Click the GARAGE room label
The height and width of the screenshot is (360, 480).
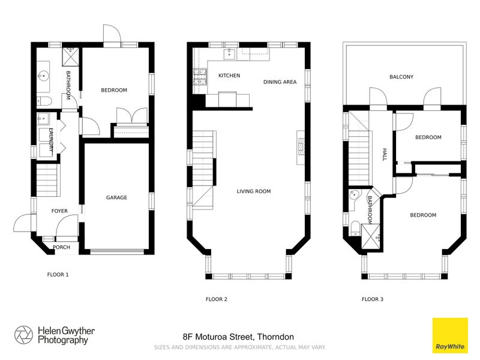(x=116, y=197)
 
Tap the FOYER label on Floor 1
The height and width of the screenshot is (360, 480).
(x=59, y=211)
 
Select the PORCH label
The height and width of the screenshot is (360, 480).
(x=62, y=247)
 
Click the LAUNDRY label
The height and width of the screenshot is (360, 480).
(x=51, y=140)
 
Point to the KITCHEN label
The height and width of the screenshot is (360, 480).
(x=229, y=76)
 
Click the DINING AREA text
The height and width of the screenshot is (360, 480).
(x=280, y=82)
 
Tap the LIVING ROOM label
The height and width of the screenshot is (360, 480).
(x=254, y=191)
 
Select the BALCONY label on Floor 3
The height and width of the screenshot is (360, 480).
(x=401, y=77)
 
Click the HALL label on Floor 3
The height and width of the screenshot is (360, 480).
(x=385, y=155)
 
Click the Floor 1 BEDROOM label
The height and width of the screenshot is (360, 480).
(x=113, y=90)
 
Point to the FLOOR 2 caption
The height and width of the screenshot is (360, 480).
(x=217, y=299)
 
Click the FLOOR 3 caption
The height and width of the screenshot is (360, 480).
(x=373, y=299)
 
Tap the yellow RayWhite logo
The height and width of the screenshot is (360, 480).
(x=450, y=335)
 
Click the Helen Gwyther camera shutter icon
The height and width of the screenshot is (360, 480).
(x=23, y=335)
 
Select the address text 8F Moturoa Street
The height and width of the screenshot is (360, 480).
(x=238, y=337)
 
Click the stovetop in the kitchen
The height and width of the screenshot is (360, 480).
(x=200, y=77)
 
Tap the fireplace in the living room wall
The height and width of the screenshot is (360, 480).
(x=301, y=145)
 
